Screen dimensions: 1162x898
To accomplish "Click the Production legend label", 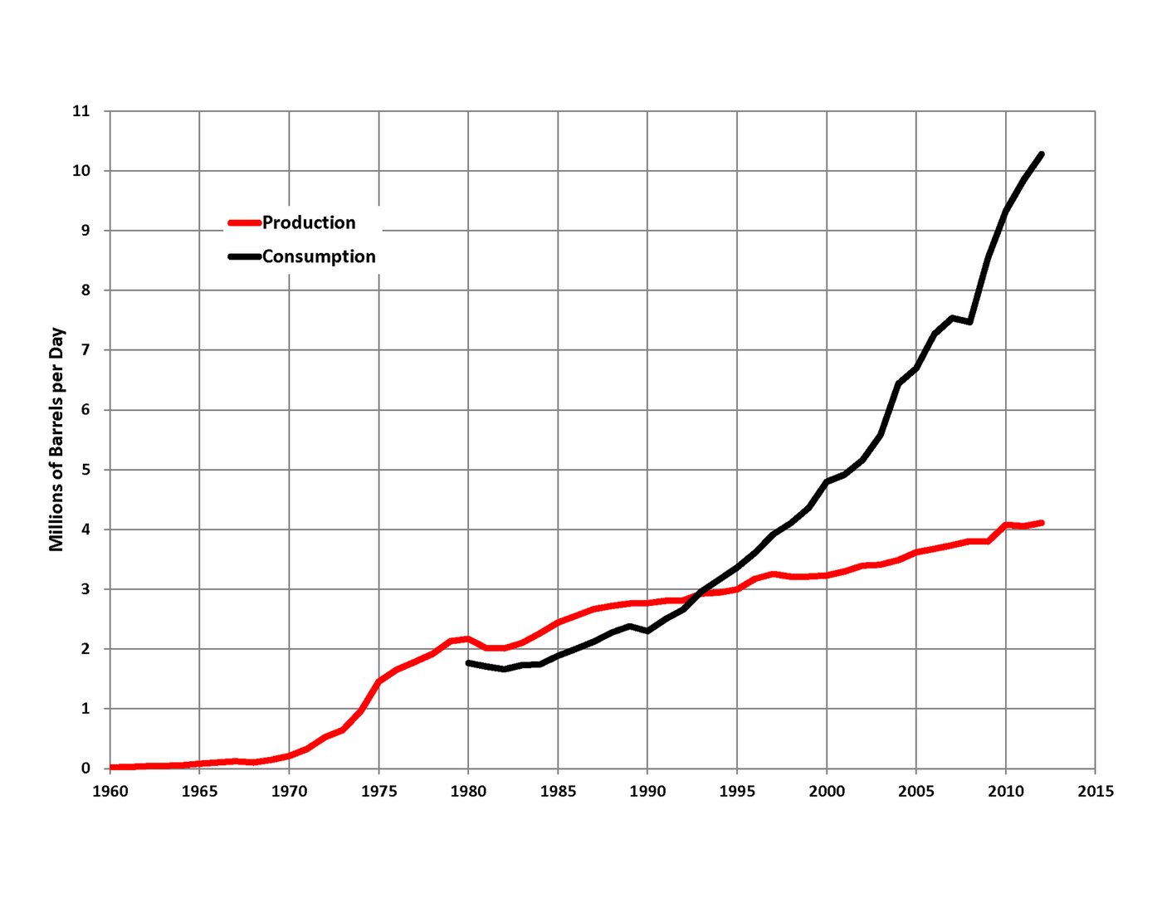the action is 309,222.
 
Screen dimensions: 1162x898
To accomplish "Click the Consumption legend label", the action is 319,256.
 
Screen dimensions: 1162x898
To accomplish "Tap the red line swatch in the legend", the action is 244,223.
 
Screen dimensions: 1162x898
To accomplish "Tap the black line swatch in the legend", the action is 244,257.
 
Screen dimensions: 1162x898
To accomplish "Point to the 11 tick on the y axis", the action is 81,111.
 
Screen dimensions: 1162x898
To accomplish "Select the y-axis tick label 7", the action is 85,350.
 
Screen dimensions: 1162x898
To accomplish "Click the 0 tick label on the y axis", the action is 85,768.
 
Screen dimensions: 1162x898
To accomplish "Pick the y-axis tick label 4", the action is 85,530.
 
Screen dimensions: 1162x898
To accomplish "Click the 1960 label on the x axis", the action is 110,792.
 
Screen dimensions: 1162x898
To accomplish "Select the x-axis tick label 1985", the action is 558,792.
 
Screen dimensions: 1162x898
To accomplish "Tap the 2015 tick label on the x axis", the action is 1095,792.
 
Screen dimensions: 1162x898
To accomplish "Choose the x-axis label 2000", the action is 827,792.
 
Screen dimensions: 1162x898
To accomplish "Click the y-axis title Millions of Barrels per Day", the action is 56,439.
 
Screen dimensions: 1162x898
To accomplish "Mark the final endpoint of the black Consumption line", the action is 1041,155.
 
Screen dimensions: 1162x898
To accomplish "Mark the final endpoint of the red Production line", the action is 1041,523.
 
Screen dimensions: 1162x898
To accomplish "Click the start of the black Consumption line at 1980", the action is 468,663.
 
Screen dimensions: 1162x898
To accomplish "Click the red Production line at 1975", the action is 378,681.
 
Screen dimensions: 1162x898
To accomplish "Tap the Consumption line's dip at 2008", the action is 969,322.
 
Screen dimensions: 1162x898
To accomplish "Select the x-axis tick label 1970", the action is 290,792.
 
